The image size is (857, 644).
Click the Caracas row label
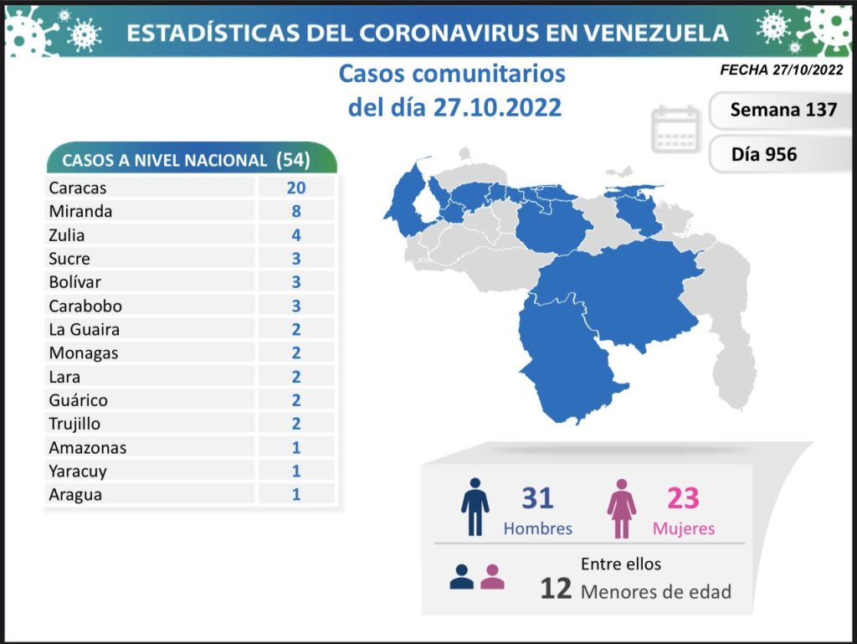77,188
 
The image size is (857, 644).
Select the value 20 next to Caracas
296,188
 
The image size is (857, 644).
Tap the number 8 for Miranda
296,212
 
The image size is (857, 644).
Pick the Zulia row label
67,235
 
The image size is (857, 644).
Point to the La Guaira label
84,330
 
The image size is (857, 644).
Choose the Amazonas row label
87,447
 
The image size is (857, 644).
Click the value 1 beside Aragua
296,494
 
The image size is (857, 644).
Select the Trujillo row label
74,424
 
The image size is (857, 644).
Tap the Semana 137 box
783,110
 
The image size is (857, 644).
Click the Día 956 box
763,154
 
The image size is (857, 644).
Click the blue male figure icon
475,506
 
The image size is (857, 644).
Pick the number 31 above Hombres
537,498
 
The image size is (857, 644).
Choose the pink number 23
683,498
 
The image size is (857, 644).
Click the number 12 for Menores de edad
556,589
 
